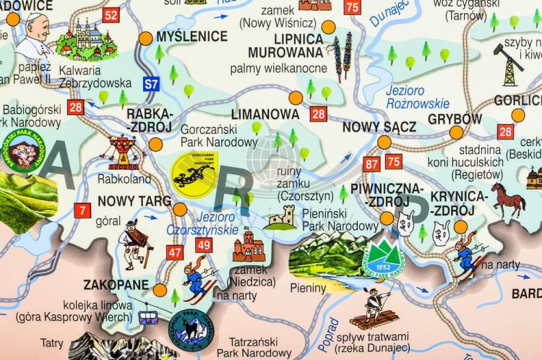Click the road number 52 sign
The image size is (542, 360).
pos(111,15)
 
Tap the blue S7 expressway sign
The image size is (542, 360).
pos(150,84)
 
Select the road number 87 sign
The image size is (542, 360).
pos(372,163)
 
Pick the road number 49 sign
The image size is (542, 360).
pos(203,245)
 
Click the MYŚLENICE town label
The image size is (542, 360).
pos(192,36)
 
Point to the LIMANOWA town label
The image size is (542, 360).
pos(265,114)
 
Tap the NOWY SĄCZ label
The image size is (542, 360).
pos(379,127)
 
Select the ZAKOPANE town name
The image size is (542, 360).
pos(116,284)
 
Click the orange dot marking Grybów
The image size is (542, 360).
pos(456,132)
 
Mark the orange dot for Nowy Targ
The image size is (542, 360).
pos(179,209)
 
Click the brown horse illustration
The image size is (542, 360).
pos(509,200)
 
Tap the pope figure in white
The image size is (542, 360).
pos(32,36)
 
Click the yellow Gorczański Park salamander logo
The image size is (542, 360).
pos(194,172)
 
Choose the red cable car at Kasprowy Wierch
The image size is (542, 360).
pos(148,317)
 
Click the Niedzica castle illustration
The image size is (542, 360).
pos(249,247)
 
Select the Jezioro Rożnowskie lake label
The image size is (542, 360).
pos(417,98)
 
